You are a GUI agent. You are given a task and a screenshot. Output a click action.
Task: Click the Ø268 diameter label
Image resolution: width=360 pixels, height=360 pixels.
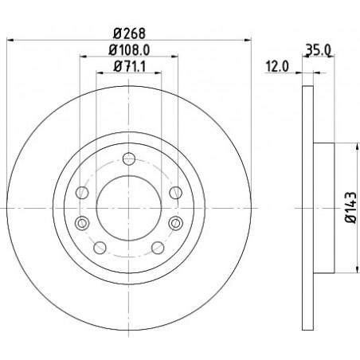click(129, 33)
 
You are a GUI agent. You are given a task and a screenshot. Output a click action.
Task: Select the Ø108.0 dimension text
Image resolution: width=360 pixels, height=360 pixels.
click(129, 49)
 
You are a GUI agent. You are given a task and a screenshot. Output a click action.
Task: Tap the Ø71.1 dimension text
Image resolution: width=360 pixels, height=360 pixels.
click(129, 66)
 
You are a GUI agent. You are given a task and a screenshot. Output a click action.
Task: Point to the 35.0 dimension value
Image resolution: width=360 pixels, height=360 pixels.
click(318, 49)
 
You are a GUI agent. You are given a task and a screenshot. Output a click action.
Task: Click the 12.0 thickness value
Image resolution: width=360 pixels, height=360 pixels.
click(277, 66)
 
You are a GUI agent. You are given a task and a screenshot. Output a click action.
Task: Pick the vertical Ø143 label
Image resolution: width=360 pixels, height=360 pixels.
click(350, 207)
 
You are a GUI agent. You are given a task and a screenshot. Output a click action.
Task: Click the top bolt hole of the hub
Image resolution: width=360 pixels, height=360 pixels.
click(129, 158)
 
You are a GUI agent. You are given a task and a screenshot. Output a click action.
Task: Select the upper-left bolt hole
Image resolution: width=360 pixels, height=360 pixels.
click(82, 193)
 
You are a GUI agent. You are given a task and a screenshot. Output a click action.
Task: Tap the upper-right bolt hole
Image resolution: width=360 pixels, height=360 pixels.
click(176, 193)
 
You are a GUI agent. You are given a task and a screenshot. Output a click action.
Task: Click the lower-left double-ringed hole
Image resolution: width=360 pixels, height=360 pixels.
click(82, 223)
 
